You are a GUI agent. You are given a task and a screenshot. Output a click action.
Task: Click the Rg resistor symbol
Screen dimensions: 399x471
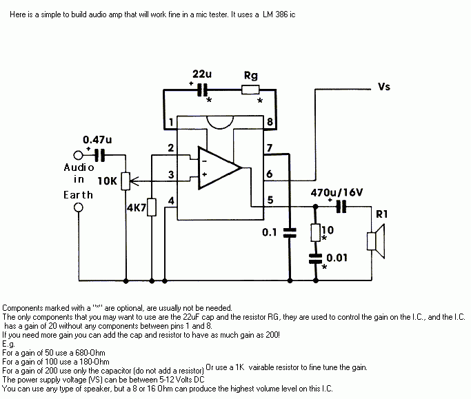(250, 89)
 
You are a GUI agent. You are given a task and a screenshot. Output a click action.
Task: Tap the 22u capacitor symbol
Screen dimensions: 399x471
(202, 89)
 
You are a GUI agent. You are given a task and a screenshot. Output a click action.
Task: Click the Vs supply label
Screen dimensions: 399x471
(385, 88)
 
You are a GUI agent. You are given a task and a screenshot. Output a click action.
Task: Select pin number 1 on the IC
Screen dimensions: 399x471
(170, 123)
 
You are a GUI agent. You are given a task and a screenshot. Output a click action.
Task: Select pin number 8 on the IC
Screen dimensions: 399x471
(270, 123)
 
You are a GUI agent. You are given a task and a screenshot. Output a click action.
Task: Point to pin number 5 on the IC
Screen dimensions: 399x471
(270, 201)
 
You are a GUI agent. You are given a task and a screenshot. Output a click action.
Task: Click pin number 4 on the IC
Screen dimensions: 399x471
(171, 201)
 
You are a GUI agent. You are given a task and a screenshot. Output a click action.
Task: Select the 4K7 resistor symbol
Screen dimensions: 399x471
(151, 207)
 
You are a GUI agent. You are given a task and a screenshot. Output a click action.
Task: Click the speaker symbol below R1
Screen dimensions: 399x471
(373, 241)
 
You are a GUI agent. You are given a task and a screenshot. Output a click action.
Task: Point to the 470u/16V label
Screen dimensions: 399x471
(337, 192)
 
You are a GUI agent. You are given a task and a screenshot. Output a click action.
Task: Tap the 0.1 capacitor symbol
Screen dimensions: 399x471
(290, 232)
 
